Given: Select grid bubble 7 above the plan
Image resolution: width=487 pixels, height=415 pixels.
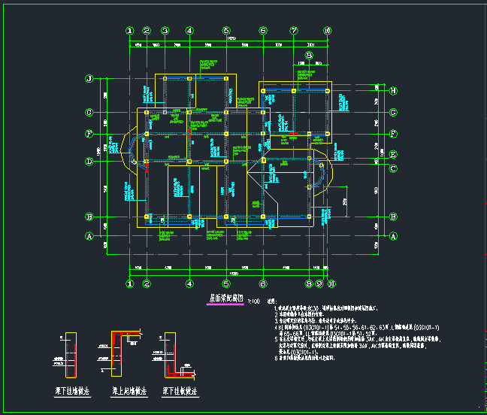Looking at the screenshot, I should click(x=294, y=31).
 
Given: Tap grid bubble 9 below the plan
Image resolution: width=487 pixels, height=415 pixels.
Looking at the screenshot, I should click(x=319, y=284).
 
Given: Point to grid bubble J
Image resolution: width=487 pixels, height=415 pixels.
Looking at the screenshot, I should click(x=89, y=78).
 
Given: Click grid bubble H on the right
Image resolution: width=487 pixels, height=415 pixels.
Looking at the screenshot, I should click(x=393, y=91).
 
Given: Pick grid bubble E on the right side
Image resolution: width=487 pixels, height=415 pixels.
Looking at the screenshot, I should click(x=393, y=155).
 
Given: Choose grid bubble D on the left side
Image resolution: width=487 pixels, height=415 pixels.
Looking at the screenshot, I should click(x=89, y=161).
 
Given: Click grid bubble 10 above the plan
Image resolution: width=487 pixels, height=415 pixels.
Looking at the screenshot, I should click(x=327, y=31).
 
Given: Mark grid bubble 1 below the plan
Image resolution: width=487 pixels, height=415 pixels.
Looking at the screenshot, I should click(x=130, y=284).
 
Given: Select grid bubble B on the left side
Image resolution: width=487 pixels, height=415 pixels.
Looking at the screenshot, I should click(x=89, y=217).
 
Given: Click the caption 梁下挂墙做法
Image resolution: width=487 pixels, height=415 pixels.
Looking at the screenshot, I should click(x=73, y=392).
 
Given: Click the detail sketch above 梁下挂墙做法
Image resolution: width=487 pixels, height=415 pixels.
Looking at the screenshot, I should click(x=71, y=353).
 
